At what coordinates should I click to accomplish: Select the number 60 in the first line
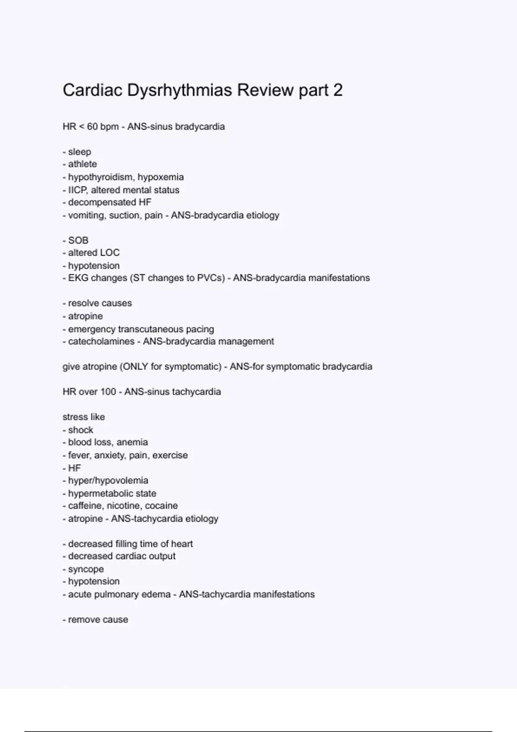click(x=92, y=127)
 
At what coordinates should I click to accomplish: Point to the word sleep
click(x=80, y=152)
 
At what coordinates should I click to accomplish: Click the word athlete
click(x=82, y=164)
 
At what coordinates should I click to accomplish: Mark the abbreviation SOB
click(x=78, y=240)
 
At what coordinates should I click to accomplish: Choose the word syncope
click(x=86, y=569)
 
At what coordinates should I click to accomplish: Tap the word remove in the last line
click(x=82, y=620)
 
